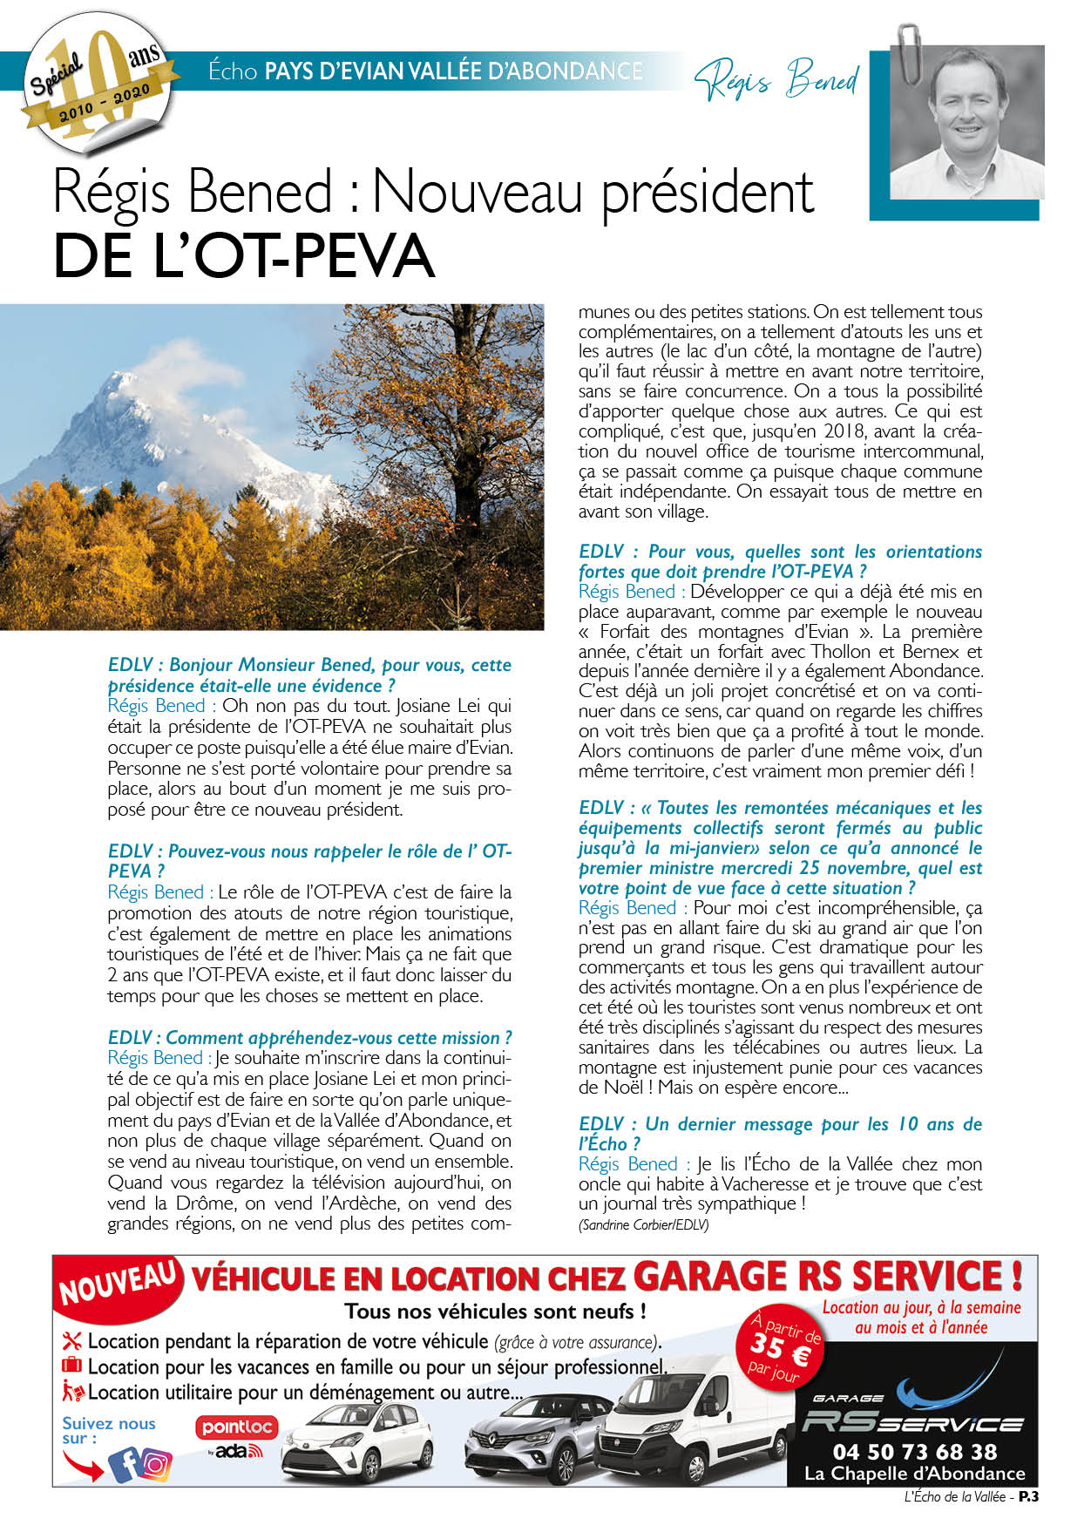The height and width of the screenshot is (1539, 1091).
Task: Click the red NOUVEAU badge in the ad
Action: [119, 1284]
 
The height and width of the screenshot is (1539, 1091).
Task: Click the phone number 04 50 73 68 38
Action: [914, 1452]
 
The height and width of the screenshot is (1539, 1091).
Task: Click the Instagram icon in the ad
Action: [157, 1465]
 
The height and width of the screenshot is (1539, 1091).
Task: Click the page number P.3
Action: [1029, 1497]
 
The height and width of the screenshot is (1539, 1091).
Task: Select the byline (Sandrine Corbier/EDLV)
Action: [643, 1224]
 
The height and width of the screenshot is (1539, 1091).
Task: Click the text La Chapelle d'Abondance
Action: [914, 1474]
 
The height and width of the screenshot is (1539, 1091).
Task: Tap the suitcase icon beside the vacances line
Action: [71, 1366]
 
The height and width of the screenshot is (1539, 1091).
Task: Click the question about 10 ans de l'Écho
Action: [779, 1134]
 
